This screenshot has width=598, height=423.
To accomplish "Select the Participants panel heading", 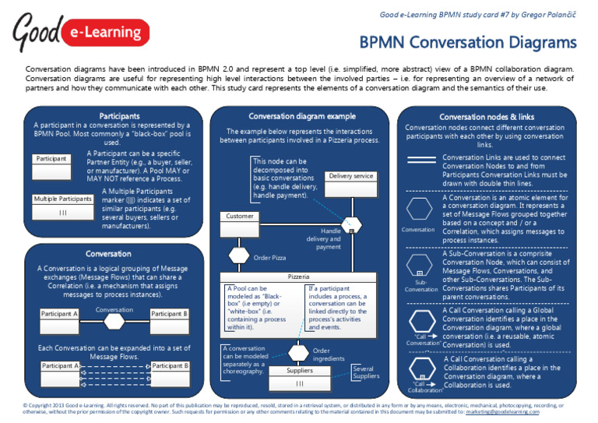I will coord(108,115).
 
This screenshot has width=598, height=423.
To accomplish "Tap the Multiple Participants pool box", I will coord(63,206).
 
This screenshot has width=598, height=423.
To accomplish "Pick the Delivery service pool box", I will coord(350,182).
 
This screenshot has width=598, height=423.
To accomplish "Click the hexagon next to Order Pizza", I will coord(237,256).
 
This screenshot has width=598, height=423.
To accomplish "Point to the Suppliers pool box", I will coord(300,377).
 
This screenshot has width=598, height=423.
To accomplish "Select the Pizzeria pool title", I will coord(299,277).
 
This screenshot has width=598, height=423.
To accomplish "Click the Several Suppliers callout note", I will coord(366,372).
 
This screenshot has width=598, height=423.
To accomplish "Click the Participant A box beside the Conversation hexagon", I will coord(60,314).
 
